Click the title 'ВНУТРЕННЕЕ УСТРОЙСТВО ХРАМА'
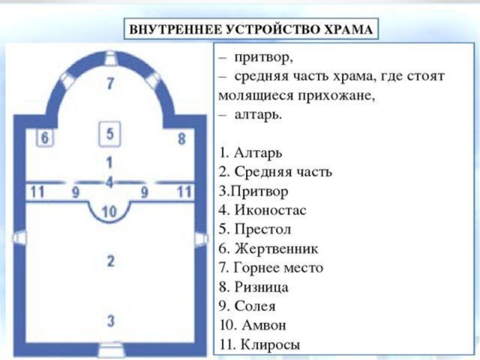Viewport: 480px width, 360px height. point(251,29)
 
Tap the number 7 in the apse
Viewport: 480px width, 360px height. point(110,83)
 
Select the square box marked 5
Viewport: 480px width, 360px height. point(110,134)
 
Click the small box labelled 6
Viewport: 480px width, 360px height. point(44,138)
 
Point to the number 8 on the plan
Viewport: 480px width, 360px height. point(182,139)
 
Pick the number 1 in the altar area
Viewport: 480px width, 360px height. point(109,162)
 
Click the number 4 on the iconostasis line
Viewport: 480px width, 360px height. point(110,182)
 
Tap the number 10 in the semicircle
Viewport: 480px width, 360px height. point(109,212)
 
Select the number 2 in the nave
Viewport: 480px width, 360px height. point(110,261)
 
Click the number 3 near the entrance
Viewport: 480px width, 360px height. point(110,321)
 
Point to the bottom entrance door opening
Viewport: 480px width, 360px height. point(111,350)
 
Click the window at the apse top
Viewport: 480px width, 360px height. point(110,58)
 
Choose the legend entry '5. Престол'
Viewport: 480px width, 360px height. point(254,229)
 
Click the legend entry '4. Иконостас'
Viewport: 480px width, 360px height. point(262,211)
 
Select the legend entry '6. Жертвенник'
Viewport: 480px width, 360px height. point(268,248)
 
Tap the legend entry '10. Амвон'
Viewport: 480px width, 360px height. point(253,325)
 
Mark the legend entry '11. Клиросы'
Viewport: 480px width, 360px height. point(260,344)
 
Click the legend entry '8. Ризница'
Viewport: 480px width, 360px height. point(253,287)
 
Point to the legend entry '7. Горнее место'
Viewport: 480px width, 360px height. point(271,268)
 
